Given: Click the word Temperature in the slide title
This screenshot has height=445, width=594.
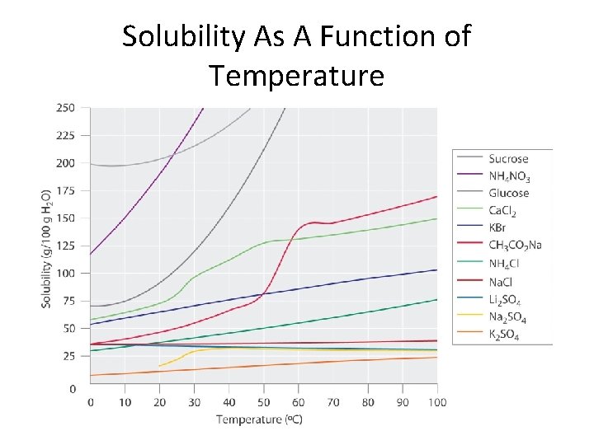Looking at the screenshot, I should click(296, 75).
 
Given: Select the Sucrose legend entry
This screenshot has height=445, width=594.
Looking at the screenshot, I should click(508, 158).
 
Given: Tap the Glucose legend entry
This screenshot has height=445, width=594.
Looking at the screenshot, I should click(508, 193).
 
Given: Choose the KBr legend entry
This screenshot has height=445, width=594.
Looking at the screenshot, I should click(498, 228).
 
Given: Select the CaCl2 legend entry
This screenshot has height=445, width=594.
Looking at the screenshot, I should click(502, 211).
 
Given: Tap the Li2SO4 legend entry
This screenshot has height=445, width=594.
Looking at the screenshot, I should click(504, 299).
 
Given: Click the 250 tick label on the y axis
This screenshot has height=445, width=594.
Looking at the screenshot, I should click(65, 108).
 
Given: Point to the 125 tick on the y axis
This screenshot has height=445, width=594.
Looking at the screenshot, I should click(65, 246).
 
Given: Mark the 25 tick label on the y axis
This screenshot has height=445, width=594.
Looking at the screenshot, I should click(68, 356).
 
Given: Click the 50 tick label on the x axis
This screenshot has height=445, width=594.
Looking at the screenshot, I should click(264, 402).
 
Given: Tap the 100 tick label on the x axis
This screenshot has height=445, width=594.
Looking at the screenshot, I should click(436, 402).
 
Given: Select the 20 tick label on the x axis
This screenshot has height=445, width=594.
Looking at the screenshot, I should click(159, 402).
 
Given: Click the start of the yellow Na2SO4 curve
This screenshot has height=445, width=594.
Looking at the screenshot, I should click(159, 366).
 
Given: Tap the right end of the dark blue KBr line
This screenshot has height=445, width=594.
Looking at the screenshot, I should click(436, 269).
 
